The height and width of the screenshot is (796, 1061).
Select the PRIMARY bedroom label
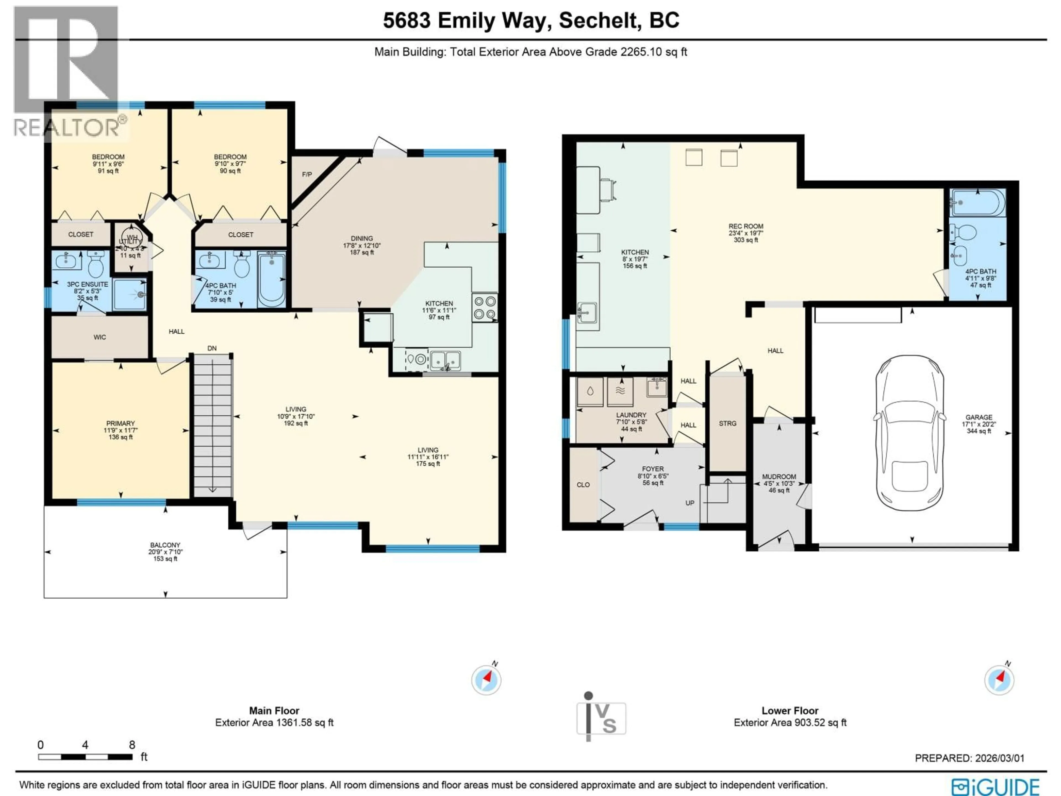click(x=120, y=424)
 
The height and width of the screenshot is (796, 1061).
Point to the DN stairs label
click(x=212, y=348)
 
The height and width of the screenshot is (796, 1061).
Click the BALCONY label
click(x=165, y=545)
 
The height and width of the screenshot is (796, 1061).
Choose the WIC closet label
click(x=100, y=337)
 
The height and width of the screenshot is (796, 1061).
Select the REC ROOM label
click(x=745, y=226)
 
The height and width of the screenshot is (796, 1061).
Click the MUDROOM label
click(x=779, y=477)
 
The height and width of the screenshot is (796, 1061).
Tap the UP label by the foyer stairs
click(x=690, y=503)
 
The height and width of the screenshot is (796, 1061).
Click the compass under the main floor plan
click(x=486, y=680)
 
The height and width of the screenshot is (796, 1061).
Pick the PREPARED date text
click(x=969, y=758)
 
